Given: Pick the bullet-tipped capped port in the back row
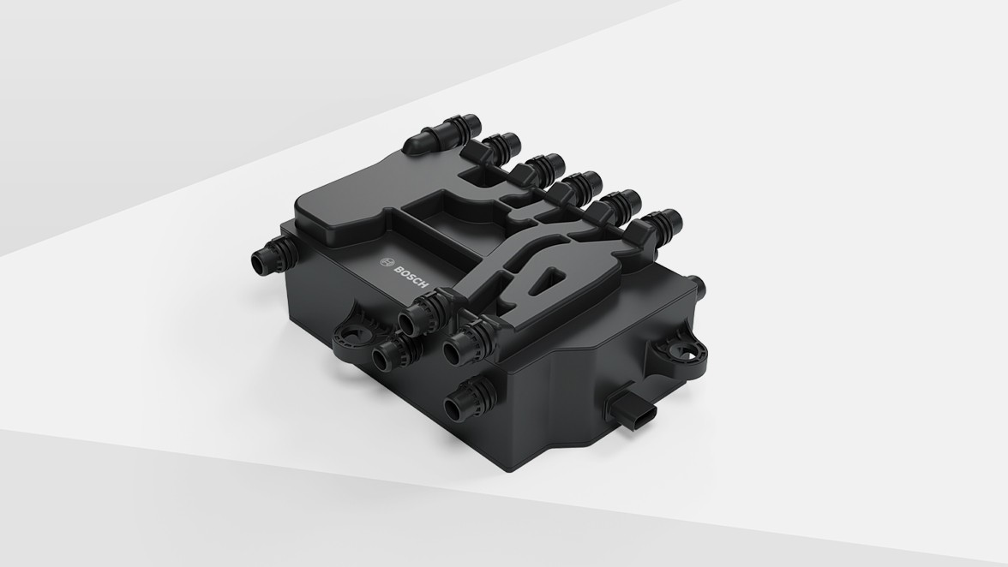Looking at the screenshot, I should (441, 135).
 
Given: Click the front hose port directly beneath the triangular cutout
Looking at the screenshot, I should (465, 343).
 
